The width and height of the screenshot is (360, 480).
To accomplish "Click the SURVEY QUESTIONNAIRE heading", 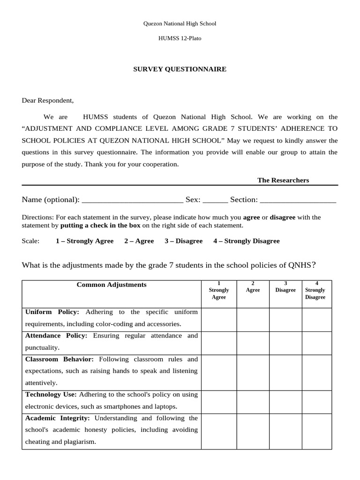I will coord(180,69).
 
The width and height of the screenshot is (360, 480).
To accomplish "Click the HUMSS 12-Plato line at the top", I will coord(180,38).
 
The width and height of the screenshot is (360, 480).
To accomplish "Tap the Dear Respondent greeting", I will coord(48,100).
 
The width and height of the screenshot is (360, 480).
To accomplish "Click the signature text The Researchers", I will coord(283,180).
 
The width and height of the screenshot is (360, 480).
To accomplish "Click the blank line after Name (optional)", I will coord(132,200).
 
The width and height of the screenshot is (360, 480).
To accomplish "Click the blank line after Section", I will coord(298,200).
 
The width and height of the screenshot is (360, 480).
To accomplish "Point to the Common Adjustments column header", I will coord(112,285).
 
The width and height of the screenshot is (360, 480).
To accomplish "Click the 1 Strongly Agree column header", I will coord(218,290).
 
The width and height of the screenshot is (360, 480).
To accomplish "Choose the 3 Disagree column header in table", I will coord(285,287).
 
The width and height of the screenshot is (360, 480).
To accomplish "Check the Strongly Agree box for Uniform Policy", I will coord(218,319).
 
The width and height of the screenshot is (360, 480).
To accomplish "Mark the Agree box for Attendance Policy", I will coord(253,342).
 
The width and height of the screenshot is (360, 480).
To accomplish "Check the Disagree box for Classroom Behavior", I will coord(285,371).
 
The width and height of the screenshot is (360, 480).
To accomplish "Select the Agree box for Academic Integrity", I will coord(253,430).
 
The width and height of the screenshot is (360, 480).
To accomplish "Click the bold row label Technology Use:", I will coord(51,395).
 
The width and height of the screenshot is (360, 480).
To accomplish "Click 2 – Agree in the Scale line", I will coord(139,241).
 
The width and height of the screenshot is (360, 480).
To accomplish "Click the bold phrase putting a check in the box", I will coord(100,225).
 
